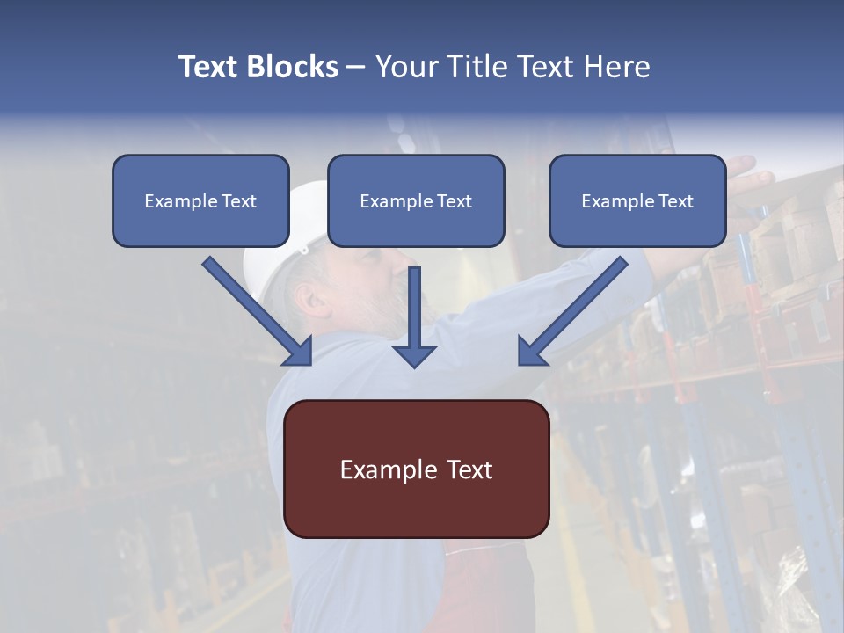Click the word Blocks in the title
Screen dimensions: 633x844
tap(293, 67)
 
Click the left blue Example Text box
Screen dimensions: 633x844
tap(200, 201)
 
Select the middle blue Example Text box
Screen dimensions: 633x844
tap(416, 201)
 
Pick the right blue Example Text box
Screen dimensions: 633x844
tap(637, 201)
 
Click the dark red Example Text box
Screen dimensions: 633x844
tap(416, 469)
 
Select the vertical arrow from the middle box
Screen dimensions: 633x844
tap(414, 316)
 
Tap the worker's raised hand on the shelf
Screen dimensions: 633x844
tap(747, 169)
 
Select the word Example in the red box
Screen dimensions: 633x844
tap(378, 469)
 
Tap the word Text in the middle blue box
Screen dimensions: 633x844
tap(455, 201)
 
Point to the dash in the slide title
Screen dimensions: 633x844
tap(356, 67)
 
